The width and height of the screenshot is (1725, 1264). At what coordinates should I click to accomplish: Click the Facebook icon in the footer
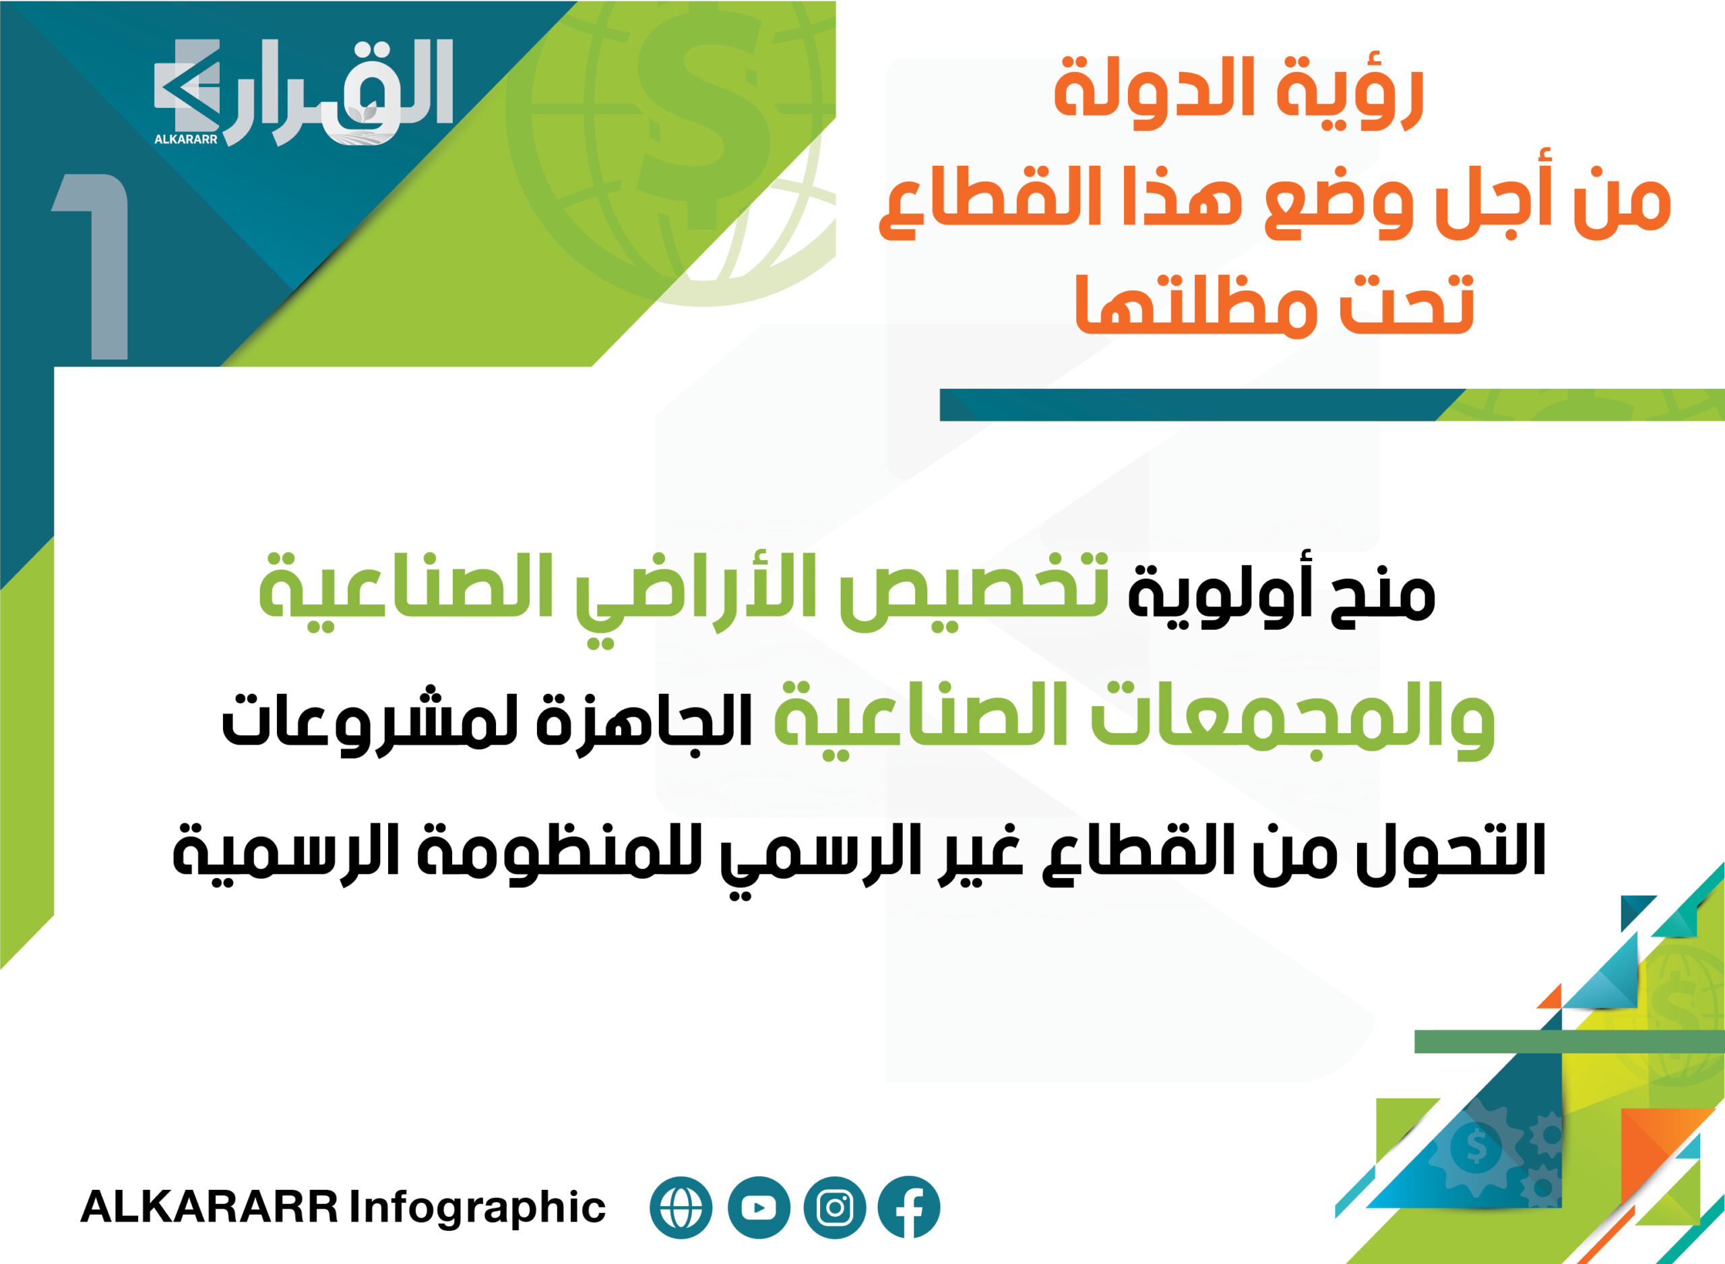click(909, 1207)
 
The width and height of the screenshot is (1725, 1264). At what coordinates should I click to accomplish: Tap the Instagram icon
click(835, 1207)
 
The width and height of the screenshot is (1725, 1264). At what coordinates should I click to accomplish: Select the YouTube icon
click(759, 1207)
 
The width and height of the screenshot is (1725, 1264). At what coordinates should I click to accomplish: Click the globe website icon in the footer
click(681, 1207)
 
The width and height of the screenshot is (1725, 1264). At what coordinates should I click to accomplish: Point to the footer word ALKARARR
click(210, 1207)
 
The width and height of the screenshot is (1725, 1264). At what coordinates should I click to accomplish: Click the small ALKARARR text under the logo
click(186, 139)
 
